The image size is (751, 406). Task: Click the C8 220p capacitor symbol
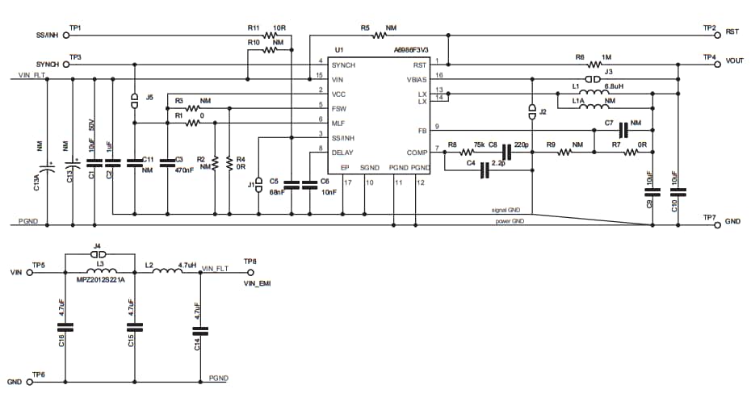point(507,152)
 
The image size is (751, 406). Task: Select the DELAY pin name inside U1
point(342,151)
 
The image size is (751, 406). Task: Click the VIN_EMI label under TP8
point(255,283)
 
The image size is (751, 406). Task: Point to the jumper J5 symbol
point(135,101)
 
